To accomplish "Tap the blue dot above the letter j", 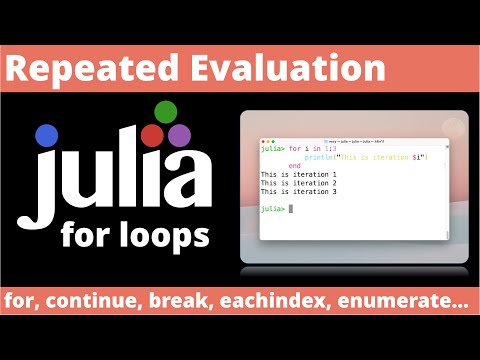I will [x=47, y=135].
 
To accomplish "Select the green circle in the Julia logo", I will [x=166, y=111].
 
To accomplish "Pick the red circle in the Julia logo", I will [x=152, y=134].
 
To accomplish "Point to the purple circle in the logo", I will [x=179, y=134].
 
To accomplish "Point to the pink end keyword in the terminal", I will [x=294, y=166].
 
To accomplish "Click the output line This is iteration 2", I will [x=299, y=183].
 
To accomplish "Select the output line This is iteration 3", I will [x=299, y=191].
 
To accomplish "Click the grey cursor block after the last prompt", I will [x=291, y=208].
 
